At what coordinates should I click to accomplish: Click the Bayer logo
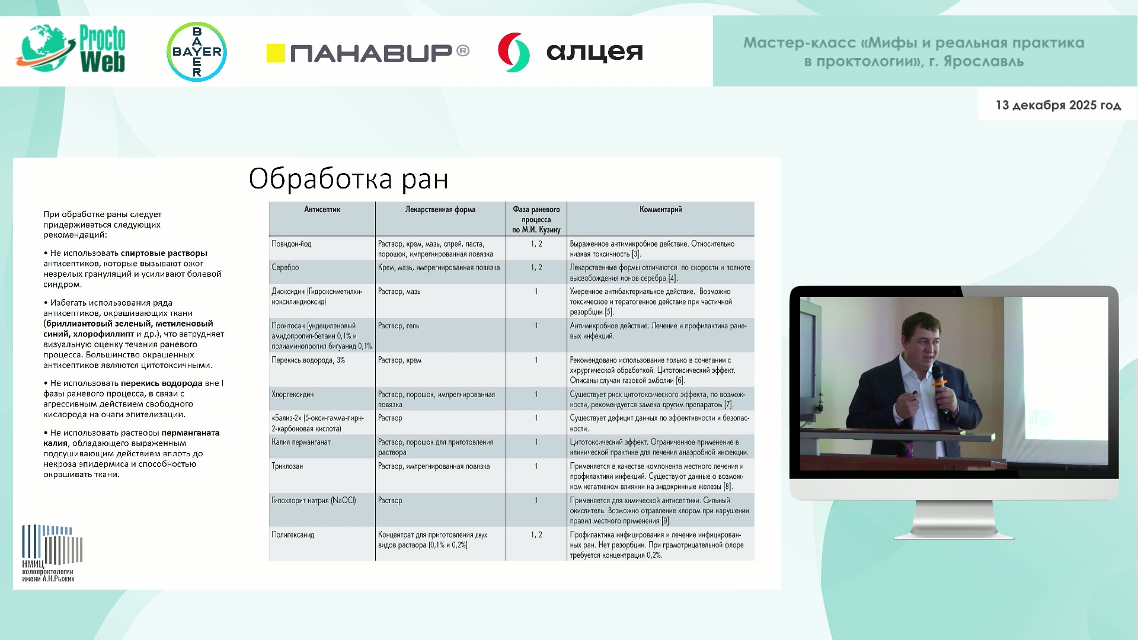pos(197,52)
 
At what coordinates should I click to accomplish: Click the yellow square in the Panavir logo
pos(276,53)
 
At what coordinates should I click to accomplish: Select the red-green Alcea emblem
pos(513,52)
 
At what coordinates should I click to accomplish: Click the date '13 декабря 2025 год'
pos(1058,105)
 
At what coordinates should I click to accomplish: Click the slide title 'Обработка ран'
pos(349,178)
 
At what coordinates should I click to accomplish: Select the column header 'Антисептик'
pos(322,209)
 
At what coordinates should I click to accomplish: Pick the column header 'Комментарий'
pos(660,209)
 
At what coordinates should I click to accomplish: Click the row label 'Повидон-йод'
pos(291,244)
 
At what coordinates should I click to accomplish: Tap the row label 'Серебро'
pos(285,268)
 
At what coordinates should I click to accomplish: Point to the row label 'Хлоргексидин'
pos(292,394)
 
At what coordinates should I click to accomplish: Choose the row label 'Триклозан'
pos(287,466)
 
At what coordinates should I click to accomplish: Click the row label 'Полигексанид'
pos(293,535)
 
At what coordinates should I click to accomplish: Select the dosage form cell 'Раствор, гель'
pos(398,326)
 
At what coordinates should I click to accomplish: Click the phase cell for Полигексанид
pos(536,535)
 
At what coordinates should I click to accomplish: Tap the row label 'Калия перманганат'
pos(301,442)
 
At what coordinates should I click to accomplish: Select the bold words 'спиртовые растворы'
pos(164,253)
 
